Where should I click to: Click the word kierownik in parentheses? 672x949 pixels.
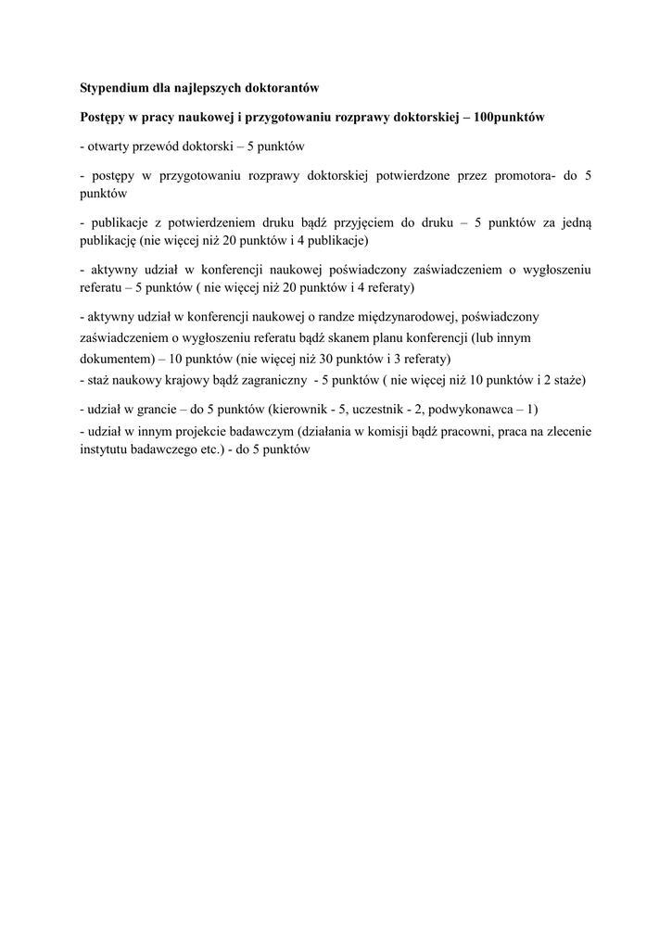tap(298, 409)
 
